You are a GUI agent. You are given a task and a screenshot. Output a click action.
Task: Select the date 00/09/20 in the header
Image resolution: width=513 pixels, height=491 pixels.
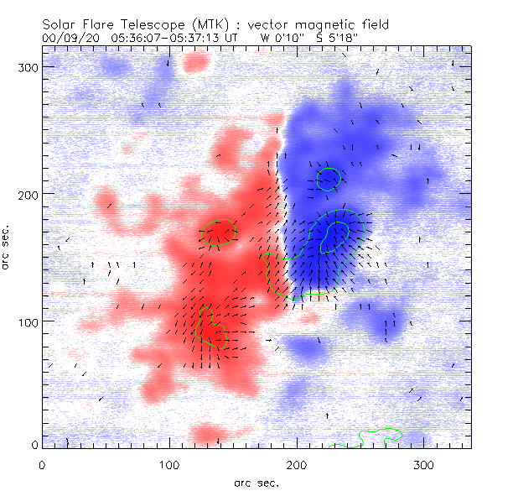tap(67, 38)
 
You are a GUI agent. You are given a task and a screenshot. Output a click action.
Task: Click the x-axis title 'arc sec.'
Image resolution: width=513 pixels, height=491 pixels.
tap(256, 482)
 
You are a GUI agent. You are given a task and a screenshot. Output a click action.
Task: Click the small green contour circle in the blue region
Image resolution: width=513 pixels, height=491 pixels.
tap(329, 178)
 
